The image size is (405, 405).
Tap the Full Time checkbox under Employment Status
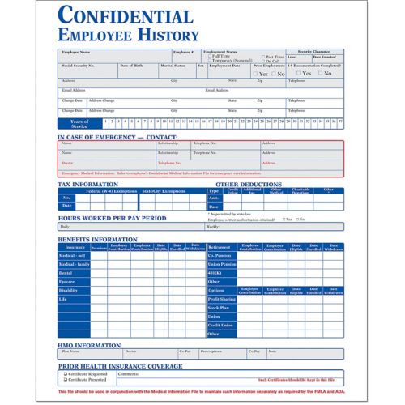click(209, 56)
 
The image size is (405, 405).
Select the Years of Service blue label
click(79, 123)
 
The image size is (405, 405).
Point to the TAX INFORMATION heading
click(88, 184)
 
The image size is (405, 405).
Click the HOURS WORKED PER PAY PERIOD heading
click(113, 218)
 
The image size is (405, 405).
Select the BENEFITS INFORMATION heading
click(97, 240)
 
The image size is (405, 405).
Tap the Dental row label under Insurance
click(66, 272)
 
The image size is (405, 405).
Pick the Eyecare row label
click(67, 281)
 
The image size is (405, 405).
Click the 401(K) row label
click(215, 272)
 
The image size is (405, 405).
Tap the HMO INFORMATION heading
click(89, 345)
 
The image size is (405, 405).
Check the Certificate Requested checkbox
click(63, 373)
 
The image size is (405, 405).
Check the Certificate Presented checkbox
click(63, 379)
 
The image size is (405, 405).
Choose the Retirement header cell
click(219, 246)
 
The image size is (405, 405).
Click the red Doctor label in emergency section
click(67, 163)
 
